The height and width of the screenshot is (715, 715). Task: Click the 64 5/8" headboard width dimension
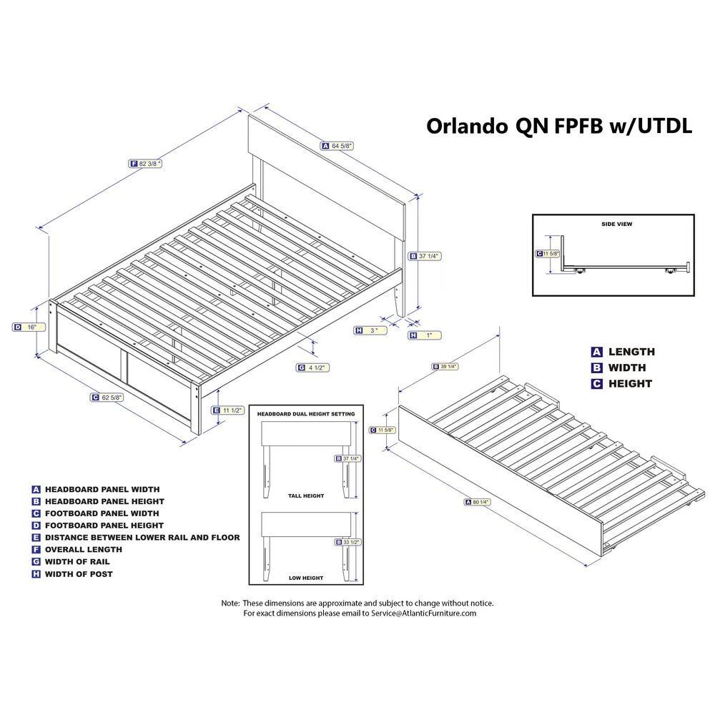coord(337,146)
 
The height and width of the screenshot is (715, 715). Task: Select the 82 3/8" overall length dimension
coord(145,163)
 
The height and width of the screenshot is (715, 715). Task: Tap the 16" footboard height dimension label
coord(29,327)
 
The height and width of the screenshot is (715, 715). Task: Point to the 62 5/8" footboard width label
coord(107,398)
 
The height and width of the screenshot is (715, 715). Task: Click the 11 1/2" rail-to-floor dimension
coord(228,410)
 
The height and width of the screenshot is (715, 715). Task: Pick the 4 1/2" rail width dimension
coord(313,368)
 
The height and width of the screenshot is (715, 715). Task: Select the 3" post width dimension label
coord(370,330)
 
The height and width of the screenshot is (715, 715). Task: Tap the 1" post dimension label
coord(425,335)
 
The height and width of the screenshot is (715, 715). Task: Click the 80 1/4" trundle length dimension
coord(477,502)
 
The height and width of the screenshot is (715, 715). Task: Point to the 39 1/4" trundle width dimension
coord(445,367)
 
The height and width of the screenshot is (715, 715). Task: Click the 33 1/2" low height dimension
coord(348,542)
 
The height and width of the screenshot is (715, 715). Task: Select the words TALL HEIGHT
coord(306,495)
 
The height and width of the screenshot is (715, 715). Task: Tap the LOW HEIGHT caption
coord(306,578)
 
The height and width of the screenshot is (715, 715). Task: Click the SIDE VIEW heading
coord(616,224)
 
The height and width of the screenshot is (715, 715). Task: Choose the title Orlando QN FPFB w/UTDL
coord(559,125)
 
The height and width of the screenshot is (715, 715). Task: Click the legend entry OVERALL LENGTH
coord(84,549)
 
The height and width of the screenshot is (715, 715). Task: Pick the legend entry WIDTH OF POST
coord(79,574)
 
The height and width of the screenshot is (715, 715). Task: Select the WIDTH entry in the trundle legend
coord(627,368)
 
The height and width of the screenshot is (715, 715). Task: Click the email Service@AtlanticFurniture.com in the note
coord(423,613)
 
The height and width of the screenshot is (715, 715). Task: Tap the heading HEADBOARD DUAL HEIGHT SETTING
coord(306,414)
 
